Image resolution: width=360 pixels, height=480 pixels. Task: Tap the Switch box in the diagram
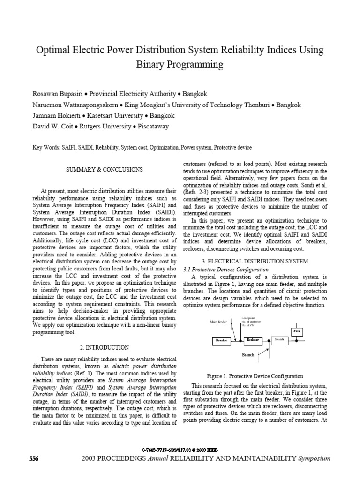pos(279,339)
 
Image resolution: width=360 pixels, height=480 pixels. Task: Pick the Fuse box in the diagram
pos(296,331)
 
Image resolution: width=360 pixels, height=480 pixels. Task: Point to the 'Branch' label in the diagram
pos(248,355)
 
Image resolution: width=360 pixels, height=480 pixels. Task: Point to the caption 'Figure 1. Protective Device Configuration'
pos(255,376)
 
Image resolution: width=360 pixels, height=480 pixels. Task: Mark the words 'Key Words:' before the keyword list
pos(46,147)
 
